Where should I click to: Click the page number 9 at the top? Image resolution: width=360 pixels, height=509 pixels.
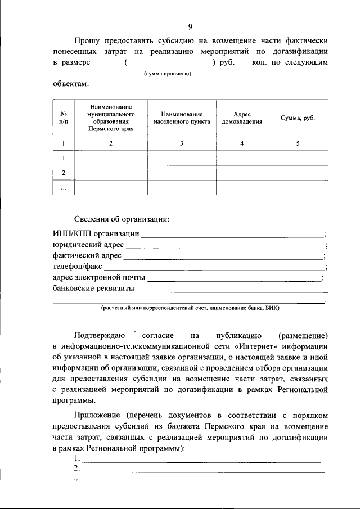tap(191, 26)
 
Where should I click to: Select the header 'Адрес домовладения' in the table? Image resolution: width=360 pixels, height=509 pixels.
tap(241, 117)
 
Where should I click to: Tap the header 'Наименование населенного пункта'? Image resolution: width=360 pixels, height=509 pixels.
tap(181, 117)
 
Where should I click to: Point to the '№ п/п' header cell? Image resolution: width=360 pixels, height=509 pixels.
tap(64, 117)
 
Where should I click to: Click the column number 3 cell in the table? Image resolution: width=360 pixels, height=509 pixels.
tap(181, 143)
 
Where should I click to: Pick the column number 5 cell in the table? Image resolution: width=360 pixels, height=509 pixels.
tap(298, 143)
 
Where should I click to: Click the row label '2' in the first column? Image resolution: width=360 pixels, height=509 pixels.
tap(64, 173)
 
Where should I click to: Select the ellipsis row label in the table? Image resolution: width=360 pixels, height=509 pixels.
tap(64, 188)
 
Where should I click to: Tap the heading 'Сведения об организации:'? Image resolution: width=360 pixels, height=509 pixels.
tap(121, 219)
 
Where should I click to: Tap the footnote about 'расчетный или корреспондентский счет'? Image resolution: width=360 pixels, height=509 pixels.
tap(190, 308)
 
